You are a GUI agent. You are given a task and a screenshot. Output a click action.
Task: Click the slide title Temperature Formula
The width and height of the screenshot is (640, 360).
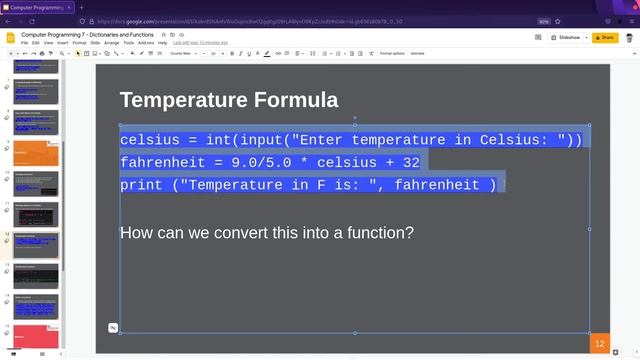tap(228, 100)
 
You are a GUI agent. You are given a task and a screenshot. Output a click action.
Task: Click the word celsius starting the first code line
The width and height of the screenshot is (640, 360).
tap(149, 140)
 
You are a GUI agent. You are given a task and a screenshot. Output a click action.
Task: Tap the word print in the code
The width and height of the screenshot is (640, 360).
tap(140, 185)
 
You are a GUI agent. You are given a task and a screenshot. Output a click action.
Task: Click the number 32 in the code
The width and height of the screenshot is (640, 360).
tap(410, 162)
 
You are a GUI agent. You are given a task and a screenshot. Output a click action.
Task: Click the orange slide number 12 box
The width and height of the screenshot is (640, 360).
tap(599, 343)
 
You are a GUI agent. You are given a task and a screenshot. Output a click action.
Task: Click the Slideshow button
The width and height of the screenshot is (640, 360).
tap(567, 37)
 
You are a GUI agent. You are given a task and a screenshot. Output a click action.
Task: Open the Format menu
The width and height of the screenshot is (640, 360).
tap(79, 43)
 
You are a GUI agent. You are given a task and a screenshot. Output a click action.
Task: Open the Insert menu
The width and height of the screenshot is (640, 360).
tap(63, 43)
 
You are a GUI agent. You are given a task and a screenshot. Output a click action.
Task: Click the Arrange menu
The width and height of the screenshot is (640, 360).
tap(111, 43)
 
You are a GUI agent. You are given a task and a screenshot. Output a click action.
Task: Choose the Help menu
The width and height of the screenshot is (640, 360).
tap(163, 43)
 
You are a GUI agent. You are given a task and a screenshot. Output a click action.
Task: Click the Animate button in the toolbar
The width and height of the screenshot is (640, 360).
tap(417, 53)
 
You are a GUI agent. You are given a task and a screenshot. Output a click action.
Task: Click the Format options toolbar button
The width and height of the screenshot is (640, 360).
tap(392, 53)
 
